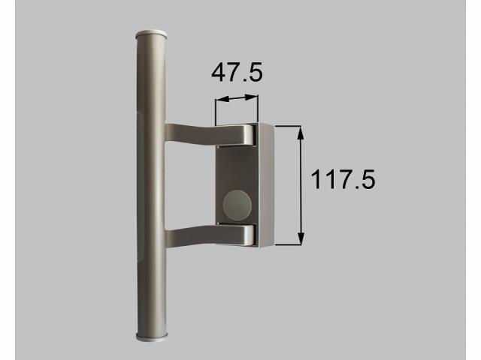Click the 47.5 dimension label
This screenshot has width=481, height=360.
point(237,72)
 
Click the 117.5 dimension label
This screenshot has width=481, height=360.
point(343,180)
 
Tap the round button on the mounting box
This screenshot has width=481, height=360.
point(237,205)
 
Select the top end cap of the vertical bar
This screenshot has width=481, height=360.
point(151,34)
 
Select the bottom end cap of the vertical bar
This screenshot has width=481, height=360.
point(152,337)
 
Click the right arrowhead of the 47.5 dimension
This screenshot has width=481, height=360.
point(252,97)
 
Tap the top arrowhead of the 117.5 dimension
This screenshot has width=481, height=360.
point(301,133)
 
